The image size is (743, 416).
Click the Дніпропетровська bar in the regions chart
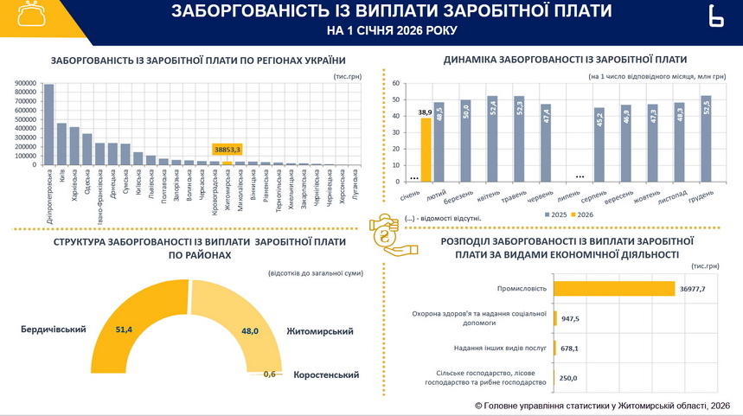tap(48, 125)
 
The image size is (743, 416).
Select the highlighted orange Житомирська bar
tap(227, 163)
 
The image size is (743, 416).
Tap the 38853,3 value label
tap(227, 150)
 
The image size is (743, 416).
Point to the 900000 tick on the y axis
tap(26, 84)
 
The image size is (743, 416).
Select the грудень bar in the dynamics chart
tap(706, 139)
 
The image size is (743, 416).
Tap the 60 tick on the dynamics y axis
tap(394, 84)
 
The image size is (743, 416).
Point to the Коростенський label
tap(325, 374)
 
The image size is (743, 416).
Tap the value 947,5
tap(571, 318)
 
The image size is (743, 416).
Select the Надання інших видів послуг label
tap(499, 349)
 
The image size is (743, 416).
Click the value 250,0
tap(567, 378)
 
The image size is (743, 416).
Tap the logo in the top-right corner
tap(714, 17)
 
